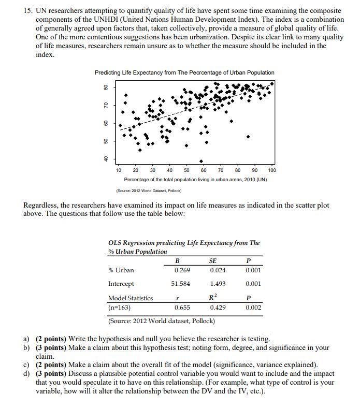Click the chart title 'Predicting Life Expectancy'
[x=184, y=72]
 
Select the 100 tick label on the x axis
[x=272, y=170]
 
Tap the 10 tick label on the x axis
[x=119, y=170]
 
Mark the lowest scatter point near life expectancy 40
[x=201, y=160]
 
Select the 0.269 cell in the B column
[x=182, y=270]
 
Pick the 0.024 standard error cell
[x=218, y=270]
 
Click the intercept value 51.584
[x=181, y=284]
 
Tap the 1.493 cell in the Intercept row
[x=218, y=284]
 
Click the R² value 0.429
[x=218, y=308]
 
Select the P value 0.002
[x=253, y=308]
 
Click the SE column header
[x=212, y=260]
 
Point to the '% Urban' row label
[x=121, y=270]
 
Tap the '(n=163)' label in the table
[x=119, y=308]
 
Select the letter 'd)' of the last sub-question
[x=26, y=373]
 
